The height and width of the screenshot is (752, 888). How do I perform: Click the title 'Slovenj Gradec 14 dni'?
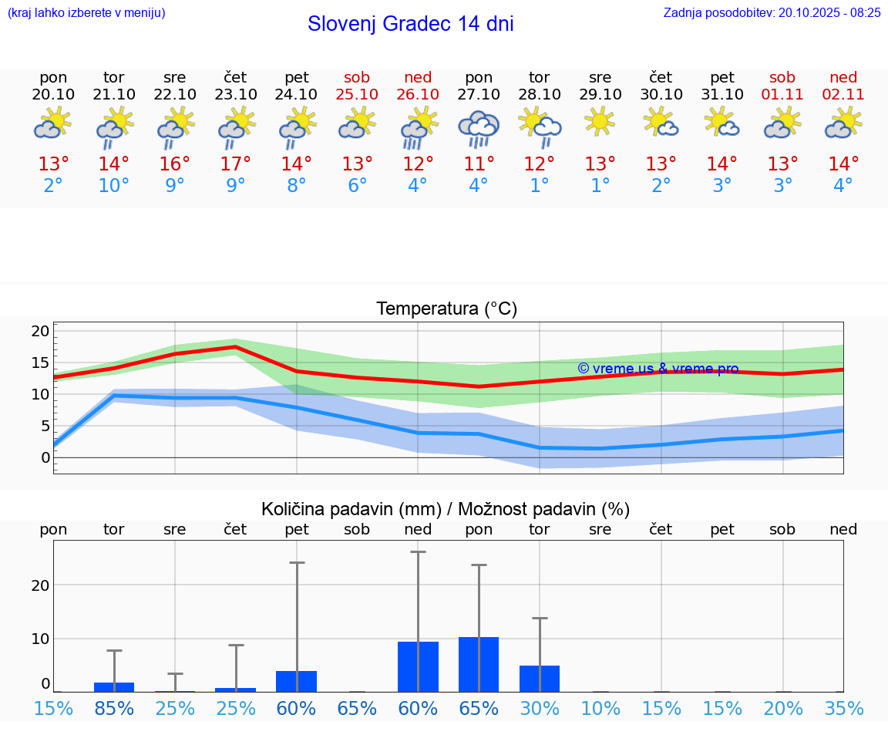click(410, 24)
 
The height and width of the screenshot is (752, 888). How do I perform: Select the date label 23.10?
click(235, 95)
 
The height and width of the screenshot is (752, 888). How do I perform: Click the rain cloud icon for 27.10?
click(479, 128)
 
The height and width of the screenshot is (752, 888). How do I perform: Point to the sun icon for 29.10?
click(600, 122)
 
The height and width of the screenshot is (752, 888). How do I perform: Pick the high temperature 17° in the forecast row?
click(235, 164)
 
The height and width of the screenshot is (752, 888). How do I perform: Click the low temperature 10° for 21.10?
click(113, 186)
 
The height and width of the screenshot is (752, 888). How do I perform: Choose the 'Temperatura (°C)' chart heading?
click(446, 309)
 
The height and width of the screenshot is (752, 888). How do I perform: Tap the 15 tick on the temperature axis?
click(40, 363)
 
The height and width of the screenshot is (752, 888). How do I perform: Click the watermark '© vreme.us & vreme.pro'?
click(658, 369)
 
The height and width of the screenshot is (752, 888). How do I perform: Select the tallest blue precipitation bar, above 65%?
click(479, 664)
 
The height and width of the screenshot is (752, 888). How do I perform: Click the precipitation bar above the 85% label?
click(114, 686)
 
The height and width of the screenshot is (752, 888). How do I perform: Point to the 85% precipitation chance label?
click(114, 708)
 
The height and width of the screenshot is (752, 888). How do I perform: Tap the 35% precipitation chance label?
click(843, 708)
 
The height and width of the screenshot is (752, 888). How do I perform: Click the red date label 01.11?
click(782, 95)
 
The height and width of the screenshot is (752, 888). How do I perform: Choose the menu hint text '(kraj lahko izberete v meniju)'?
click(86, 12)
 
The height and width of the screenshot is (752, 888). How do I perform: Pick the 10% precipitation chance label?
click(600, 708)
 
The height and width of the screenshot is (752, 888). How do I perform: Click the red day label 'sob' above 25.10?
click(357, 77)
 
